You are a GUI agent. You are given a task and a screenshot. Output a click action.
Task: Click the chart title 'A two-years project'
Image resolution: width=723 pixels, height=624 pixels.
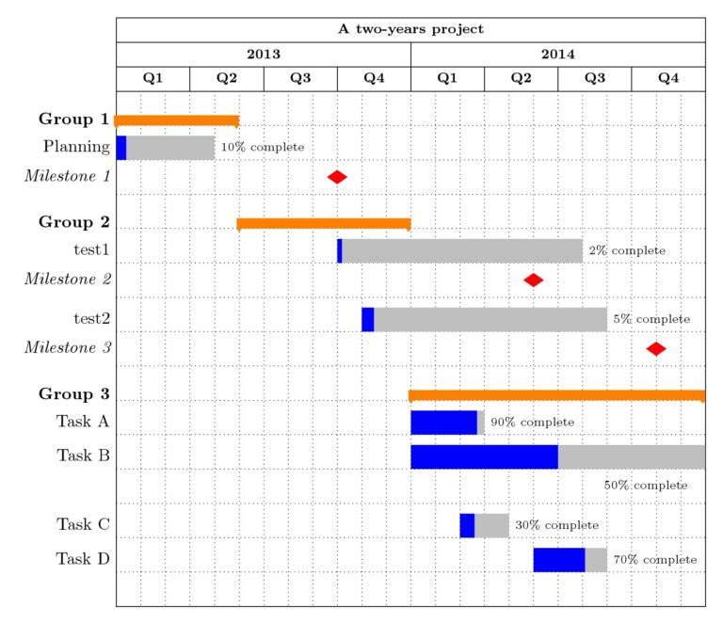(x=410, y=29)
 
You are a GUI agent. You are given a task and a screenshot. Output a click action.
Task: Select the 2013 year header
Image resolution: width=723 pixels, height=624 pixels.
(x=264, y=55)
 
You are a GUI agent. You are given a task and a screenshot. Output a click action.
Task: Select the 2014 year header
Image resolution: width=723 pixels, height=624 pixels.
(x=557, y=55)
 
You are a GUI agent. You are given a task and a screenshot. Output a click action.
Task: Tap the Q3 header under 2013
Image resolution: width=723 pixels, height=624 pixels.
(x=300, y=79)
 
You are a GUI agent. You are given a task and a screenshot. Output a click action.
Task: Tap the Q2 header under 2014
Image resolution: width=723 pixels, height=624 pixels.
(x=521, y=79)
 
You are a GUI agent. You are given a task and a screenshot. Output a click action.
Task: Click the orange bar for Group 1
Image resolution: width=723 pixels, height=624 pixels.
(x=176, y=120)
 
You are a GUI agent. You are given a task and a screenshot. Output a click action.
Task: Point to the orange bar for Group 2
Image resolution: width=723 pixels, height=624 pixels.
(x=324, y=223)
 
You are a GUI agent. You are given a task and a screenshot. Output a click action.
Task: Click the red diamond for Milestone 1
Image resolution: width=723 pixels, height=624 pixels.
(x=337, y=177)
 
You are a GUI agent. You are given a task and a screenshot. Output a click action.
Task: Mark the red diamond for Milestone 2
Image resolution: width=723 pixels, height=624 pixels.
(x=534, y=280)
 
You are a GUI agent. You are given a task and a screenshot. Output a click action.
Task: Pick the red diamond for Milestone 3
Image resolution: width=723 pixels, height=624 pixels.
(x=656, y=348)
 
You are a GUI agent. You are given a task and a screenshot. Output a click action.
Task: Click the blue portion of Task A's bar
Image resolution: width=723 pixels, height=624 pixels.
(x=443, y=423)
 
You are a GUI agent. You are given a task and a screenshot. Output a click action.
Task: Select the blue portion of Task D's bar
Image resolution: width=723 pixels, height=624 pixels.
(x=558, y=560)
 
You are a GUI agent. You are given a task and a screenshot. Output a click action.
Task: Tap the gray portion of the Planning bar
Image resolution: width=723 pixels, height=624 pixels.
(x=169, y=148)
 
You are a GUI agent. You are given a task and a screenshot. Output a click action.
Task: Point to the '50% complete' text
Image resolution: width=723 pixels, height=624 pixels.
(x=646, y=486)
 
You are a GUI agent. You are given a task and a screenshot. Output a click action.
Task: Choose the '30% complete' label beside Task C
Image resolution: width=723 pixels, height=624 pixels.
(x=556, y=525)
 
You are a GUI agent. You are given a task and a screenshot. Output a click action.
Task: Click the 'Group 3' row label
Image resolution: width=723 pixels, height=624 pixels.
(x=73, y=393)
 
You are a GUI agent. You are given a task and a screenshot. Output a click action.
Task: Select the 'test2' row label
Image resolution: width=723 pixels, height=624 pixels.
(x=91, y=319)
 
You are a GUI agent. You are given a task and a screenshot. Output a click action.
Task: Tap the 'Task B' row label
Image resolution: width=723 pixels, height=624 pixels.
(x=83, y=456)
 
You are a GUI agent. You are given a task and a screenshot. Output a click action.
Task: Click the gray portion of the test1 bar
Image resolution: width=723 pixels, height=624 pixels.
(x=461, y=250)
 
